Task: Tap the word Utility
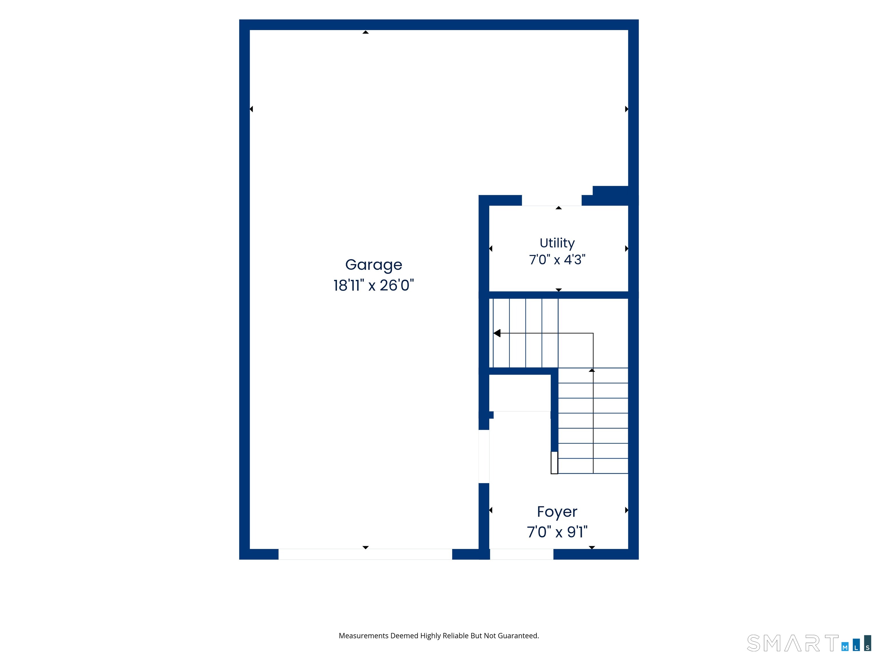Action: [x=557, y=243]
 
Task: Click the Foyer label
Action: [x=557, y=512]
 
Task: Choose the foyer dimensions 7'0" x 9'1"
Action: [x=557, y=532]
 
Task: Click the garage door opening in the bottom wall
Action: [x=365, y=554]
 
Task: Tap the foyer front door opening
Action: [x=522, y=554]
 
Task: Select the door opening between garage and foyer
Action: [x=484, y=456]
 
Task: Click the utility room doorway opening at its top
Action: [x=552, y=200]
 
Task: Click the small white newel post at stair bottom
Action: [x=554, y=462]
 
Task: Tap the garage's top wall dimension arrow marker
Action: [x=366, y=32]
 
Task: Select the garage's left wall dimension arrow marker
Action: [x=251, y=109]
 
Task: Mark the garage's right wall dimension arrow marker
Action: [x=626, y=109]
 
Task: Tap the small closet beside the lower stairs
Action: [x=520, y=393]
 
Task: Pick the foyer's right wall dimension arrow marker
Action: [x=626, y=510]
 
